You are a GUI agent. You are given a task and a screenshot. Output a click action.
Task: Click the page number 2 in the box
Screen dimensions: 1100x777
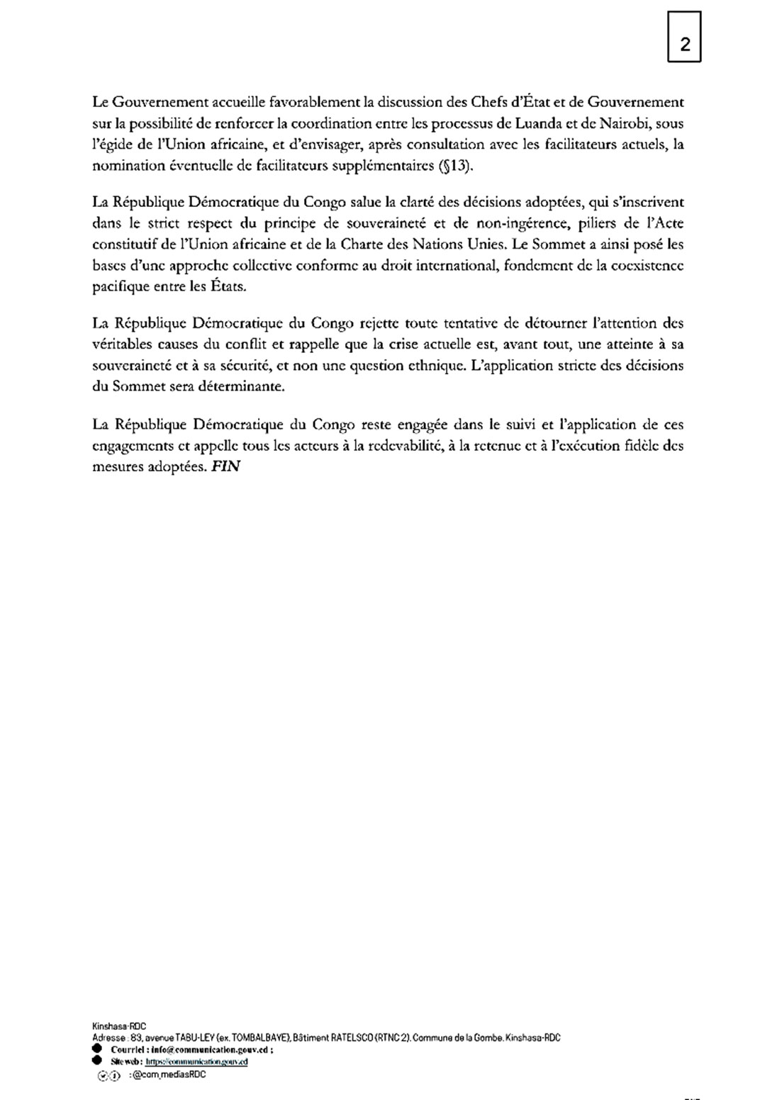(685, 45)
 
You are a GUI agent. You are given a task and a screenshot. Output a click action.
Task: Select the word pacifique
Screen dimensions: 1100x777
(121, 288)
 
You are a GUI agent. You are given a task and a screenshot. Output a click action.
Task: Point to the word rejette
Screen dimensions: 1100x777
(379, 323)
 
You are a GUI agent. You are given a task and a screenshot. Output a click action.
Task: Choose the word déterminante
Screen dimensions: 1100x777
(242, 388)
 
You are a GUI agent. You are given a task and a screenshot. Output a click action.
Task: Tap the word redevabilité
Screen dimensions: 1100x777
(403, 447)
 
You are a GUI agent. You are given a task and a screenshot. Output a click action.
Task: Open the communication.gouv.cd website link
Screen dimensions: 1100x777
(197, 1062)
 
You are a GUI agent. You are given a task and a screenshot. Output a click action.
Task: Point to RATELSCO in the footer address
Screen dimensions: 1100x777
(354, 1038)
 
